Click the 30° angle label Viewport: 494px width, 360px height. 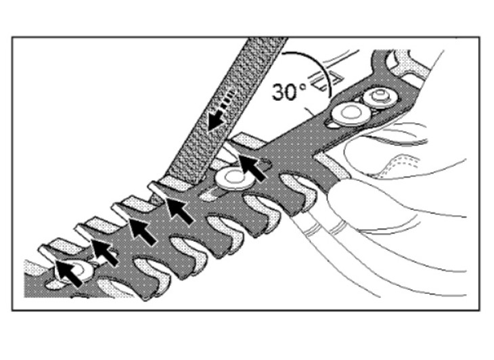tap(288, 92)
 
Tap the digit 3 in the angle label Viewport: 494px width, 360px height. tap(279, 92)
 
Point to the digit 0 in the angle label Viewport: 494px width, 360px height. tap(292, 92)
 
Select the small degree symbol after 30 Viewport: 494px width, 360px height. tap(302, 87)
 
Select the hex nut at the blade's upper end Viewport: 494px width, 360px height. tap(379, 97)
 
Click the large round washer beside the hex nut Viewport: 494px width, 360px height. tap(349, 114)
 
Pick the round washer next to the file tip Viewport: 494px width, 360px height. tap(232, 179)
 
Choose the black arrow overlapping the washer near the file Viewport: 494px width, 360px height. tap(252, 168)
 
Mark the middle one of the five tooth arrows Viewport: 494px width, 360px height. tap(143, 231)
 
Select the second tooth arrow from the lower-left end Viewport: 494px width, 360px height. tap(105, 252)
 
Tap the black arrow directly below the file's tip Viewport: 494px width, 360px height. tap(179, 210)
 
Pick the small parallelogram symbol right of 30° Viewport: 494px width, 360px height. tap(325, 80)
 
